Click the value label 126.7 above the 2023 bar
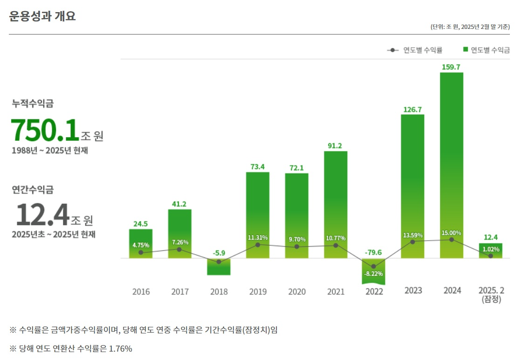(x=412, y=110)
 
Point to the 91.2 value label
(x=335, y=146)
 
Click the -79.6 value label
(x=374, y=252)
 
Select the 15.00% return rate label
(x=451, y=233)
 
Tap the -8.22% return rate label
(x=374, y=274)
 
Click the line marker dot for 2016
(x=141, y=253)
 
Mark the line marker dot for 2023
(x=412, y=242)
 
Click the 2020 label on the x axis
(x=296, y=292)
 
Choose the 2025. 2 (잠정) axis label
(x=491, y=295)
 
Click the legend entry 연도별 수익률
(x=415, y=50)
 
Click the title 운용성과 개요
(x=42, y=16)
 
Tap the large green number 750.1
(x=45, y=130)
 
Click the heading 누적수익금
(x=33, y=104)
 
